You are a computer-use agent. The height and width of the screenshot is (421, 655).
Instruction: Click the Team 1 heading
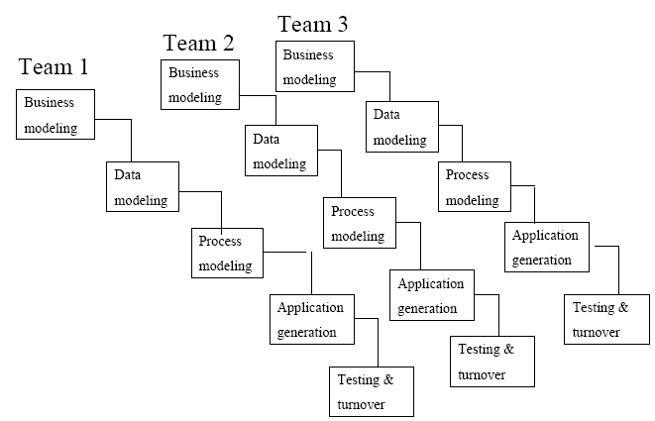54,67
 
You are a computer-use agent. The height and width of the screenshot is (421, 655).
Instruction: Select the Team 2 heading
198,43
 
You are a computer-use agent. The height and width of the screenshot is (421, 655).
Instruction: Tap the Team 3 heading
312,23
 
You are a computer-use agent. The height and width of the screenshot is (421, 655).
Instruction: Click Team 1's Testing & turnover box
370,391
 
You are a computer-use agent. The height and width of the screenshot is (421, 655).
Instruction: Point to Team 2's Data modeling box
282,150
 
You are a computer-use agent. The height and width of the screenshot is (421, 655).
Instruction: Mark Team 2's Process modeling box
360,223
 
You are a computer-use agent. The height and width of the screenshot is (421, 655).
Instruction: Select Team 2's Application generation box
431,295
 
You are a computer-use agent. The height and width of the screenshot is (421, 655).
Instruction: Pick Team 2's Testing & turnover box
492,362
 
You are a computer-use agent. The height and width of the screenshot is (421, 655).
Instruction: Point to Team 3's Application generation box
548,248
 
